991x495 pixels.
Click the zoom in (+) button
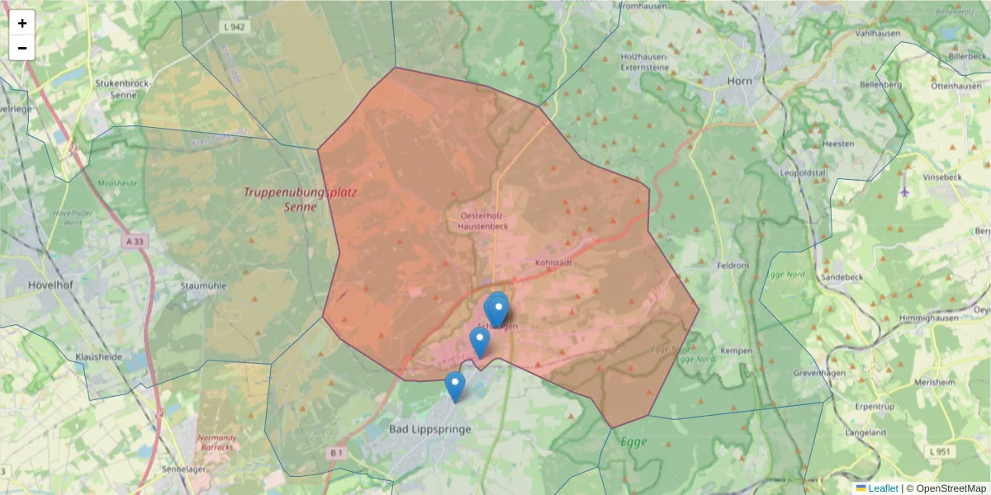click(x=22, y=23)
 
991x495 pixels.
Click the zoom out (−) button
click(x=22, y=48)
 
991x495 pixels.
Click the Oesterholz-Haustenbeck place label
click(x=483, y=220)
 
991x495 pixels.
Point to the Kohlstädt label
click(x=554, y=262)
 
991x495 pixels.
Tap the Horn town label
click(x=740, y=81)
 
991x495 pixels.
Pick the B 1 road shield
click(x=335, y=453)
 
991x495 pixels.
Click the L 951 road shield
click(x=940, y=451)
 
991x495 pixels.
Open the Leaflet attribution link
click(x=882, y=488)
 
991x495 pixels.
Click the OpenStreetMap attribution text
click(x=951, y=488)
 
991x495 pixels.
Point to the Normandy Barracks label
click(x=218, y=442)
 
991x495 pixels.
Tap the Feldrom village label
click(x=733, y=266)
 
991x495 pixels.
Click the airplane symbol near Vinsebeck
click(x=904, y=191)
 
